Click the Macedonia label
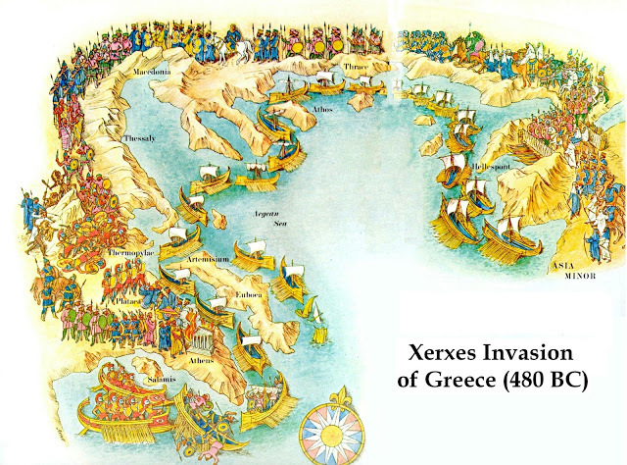[x=156, y=72]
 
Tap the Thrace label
[x=355, y=68]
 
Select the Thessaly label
[x=139, y=139]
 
